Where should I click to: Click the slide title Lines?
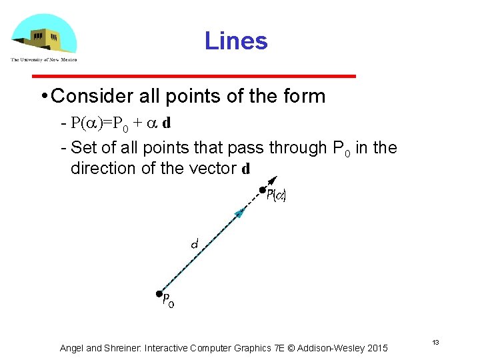point(236,41)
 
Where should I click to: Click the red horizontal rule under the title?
point(194,77)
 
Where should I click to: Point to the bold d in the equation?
point(167,124)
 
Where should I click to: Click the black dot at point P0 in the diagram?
point(159,293)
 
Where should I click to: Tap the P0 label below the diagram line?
point(169,301)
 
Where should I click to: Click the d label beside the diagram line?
point(194,245)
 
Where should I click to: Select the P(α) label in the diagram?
point(276,197)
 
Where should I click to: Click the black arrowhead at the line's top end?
point(272,181)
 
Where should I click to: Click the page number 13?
point(435,343)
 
